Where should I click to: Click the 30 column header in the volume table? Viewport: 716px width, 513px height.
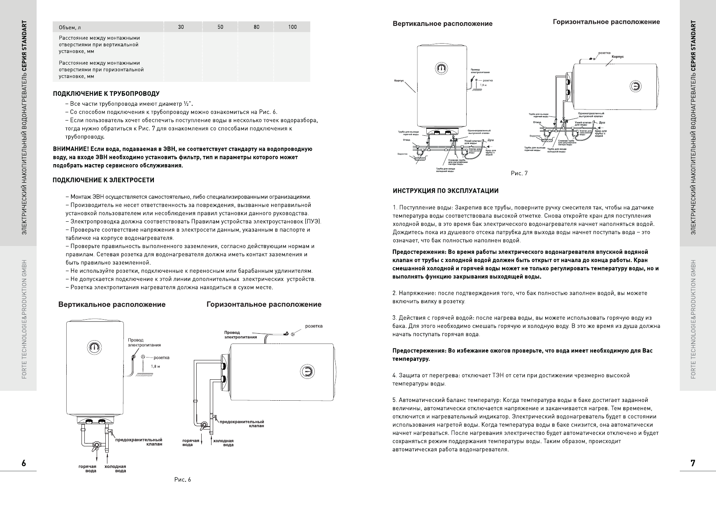(181, 27)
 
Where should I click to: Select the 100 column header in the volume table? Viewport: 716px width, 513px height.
(292, 27)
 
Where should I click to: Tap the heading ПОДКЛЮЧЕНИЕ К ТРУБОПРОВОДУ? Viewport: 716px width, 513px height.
(106, 94)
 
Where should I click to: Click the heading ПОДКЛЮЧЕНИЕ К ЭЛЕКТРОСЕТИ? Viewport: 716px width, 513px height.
(104, 180)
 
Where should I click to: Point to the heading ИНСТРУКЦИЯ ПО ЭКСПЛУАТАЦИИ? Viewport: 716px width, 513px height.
(446, 191)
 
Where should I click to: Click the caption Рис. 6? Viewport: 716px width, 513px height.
(183, 480)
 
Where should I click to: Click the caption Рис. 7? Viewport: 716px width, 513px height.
(519, 174)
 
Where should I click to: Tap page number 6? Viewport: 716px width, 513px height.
(24, 463)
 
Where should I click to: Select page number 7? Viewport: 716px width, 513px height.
(693, 463)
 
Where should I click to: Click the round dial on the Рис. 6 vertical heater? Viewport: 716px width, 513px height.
(95, 347)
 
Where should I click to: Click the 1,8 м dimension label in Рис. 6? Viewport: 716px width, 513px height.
(155, 366)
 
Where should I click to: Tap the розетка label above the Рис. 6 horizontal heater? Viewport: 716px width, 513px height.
(314, 326)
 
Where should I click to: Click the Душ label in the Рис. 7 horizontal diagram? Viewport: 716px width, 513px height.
(602, 123)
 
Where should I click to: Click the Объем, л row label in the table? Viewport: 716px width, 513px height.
(67, 28)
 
